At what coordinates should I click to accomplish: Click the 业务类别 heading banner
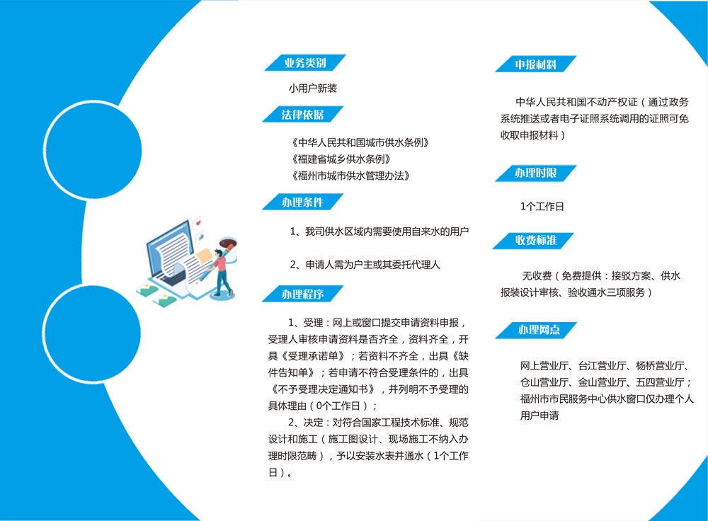305,63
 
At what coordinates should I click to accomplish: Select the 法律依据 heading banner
303,114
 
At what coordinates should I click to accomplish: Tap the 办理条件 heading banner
303,202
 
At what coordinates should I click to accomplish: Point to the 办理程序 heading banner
303,294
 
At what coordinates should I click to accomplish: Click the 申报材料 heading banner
536,64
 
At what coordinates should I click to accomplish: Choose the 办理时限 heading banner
536,173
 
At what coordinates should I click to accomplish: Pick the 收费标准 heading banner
533,240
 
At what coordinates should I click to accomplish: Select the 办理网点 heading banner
537,330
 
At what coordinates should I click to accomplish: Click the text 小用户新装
313,88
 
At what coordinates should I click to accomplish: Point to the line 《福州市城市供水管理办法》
349,176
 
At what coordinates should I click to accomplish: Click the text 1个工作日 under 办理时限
542,206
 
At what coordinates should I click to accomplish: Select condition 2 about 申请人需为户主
365,265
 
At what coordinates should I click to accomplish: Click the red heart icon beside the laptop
198,223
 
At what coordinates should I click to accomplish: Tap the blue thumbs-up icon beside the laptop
200,236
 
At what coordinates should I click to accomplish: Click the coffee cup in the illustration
229,248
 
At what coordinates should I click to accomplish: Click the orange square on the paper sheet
204,255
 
